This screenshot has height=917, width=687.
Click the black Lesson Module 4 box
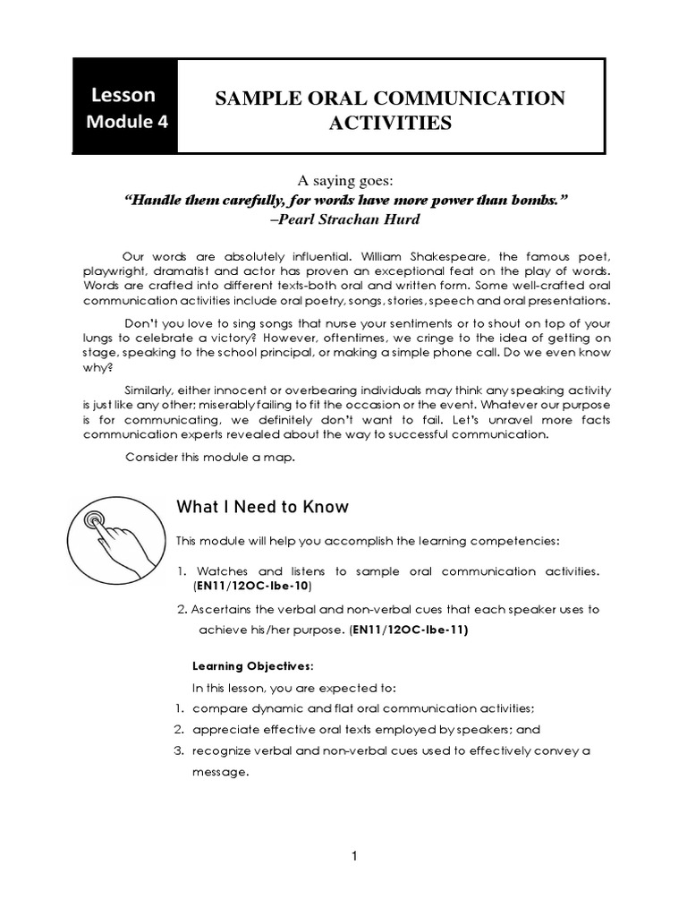[126, 107]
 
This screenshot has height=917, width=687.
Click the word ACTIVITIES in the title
[389, 123]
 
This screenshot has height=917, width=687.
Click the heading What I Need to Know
[262, 508]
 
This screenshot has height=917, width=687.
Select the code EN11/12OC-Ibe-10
[252, 585]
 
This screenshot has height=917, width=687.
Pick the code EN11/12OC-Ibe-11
[409, 629]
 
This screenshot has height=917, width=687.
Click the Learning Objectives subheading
[254, 666]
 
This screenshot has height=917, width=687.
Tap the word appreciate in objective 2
[225, 729]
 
